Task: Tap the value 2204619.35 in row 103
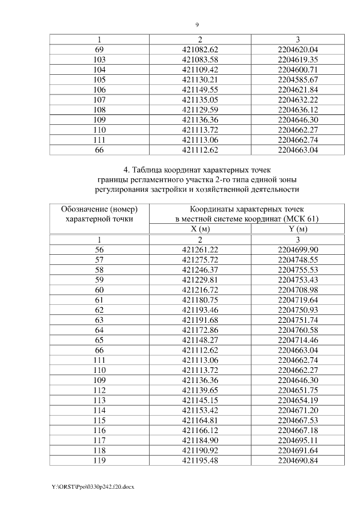tap(298, 59)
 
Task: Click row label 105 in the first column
tap(100, 79)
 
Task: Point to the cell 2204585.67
tap(298, 79)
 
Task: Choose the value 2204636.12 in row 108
tap(298, 110)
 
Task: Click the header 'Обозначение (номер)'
tap(100, 209)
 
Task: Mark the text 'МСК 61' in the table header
tap(302, 219)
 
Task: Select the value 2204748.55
tap(298, 259)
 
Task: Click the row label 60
tap(100, 290)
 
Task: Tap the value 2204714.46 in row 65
tap(298, 340)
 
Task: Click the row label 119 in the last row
tap(100, 461)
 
